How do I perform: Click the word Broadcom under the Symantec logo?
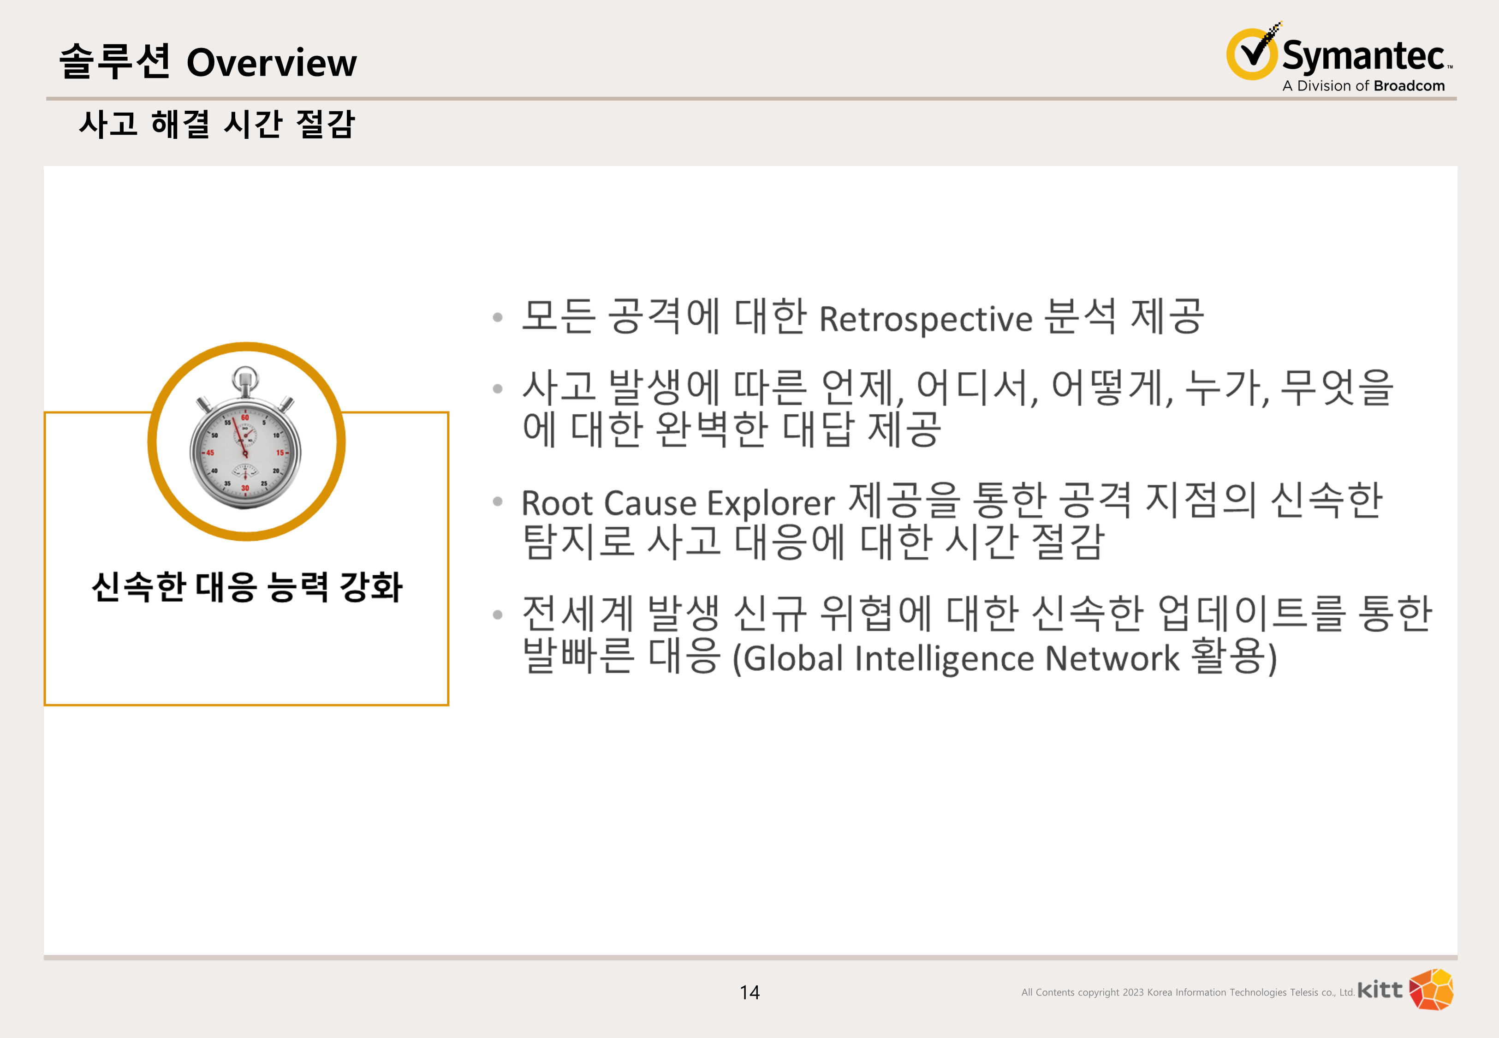(x=1410, y=86)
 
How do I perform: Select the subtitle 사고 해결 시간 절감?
(x=217, y=124)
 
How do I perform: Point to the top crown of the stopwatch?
(x=245, y=379)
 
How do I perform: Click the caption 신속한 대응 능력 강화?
(x=247, y=587)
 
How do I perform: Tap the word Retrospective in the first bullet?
(x=926, y=319)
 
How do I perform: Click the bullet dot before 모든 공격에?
(x=498, y=317)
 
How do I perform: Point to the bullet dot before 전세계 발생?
(x=498, y=614)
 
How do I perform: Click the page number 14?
(x=749, y=992)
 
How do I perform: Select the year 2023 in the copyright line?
(x=1133, y=992)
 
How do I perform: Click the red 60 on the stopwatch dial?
(x=245, y=418)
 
